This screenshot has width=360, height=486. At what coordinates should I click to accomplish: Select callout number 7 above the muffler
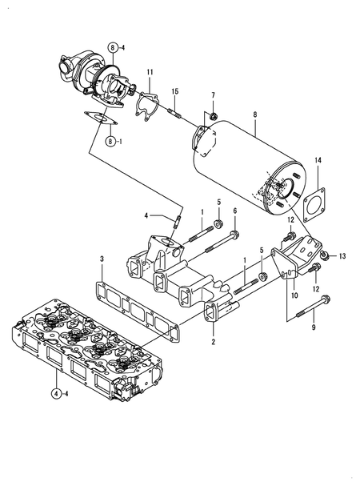213,96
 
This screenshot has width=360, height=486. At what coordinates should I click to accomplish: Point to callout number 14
318,161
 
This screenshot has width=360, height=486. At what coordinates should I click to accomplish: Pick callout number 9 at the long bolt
313,327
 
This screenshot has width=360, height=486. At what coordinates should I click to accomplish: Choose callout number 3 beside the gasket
102,259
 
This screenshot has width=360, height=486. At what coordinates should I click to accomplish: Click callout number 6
235,211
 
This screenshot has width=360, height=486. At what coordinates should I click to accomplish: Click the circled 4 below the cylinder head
57,393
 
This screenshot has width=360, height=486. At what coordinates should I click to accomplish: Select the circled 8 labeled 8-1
113,141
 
